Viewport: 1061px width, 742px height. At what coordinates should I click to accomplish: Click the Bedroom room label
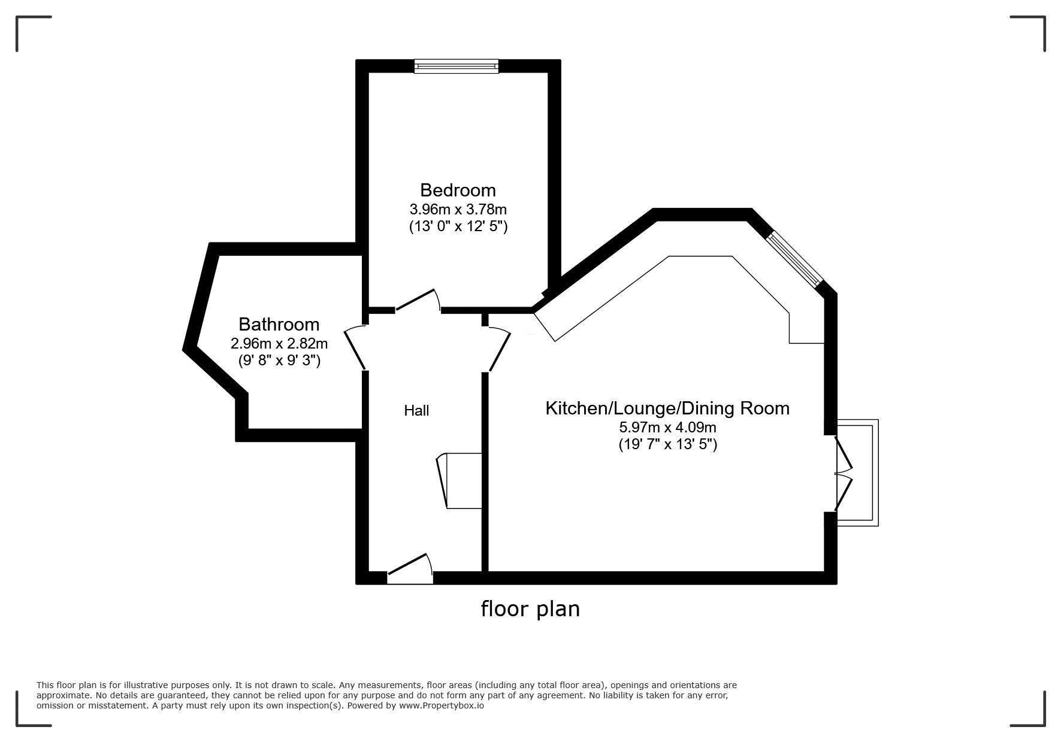pos(458,190)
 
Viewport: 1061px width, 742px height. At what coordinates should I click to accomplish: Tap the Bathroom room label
pos(279,324)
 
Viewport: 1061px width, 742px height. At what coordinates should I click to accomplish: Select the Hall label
pos(416,410)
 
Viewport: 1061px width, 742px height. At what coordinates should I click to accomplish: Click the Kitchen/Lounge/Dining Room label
pos(667,408)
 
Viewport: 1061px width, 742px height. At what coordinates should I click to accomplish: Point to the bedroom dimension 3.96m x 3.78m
pos(458,210)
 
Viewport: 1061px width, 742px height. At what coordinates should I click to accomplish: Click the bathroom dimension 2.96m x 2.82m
pos(279,344)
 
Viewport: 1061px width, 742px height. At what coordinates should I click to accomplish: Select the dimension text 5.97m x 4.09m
pos(667,428)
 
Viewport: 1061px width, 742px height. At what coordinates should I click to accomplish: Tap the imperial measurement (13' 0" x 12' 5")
pos(458,226)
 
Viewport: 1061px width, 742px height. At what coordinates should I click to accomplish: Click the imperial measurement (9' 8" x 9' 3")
pos(279,361)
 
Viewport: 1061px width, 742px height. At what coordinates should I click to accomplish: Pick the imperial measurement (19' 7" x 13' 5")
pos(667,444)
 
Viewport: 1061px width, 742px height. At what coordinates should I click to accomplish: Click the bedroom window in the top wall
pos(457,66)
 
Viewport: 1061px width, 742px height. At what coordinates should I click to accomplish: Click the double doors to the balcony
pos(843,473)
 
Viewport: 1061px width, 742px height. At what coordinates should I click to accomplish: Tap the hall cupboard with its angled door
pos(460,481)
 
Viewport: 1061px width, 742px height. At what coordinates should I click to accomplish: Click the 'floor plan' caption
pos(530,608)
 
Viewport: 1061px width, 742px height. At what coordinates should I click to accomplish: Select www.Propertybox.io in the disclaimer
pos(442,705)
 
